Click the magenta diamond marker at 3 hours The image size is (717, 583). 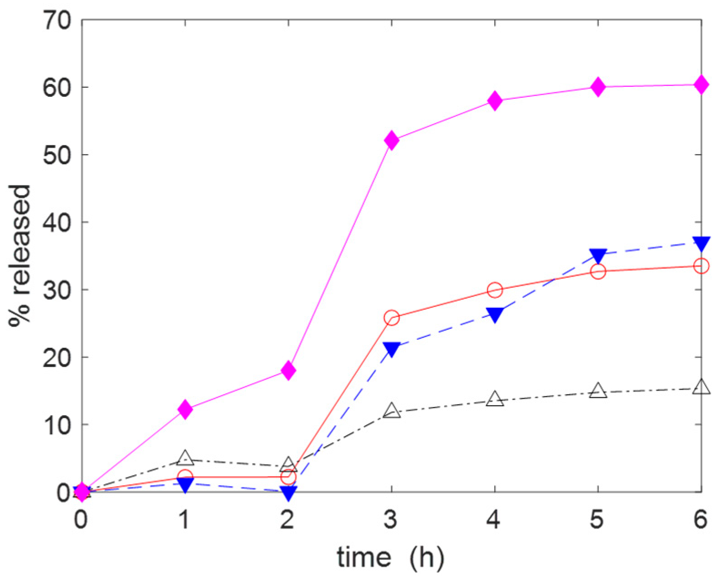391,141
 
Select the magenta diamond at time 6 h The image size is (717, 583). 701,85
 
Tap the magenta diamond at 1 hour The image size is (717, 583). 185,409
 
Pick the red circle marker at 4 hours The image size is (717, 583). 495,290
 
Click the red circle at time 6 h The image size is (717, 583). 701,266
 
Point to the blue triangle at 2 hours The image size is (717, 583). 288,492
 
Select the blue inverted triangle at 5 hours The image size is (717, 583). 598,255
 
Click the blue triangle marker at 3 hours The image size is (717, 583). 391,348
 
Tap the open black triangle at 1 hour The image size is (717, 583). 185,458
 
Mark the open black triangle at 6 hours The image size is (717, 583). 701,387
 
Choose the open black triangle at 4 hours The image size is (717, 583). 495,400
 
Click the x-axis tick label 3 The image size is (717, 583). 391,518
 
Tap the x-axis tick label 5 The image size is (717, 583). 597,518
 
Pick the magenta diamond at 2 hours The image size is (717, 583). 288,371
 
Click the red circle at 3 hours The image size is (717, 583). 391,317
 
